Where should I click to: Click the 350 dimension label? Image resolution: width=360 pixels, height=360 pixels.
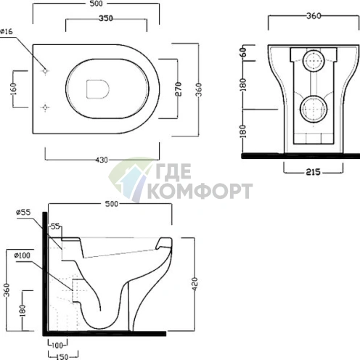coord(106,18)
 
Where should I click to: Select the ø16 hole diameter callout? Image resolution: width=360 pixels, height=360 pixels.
coord(7,31)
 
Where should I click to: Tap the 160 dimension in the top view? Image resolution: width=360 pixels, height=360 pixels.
coord(14,89)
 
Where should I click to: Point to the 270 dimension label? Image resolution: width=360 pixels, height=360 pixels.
coord(178,89)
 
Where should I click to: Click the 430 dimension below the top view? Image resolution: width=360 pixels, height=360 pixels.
coord(102,160)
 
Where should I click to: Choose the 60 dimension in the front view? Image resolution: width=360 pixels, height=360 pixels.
coord(243,52)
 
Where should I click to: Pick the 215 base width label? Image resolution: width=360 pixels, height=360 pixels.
coord(313,172)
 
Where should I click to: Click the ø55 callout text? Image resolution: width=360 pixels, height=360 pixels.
coord(23,212)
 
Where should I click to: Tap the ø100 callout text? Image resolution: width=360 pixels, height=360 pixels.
coord(22,255)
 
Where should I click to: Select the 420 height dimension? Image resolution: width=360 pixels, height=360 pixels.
coord(195,284)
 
